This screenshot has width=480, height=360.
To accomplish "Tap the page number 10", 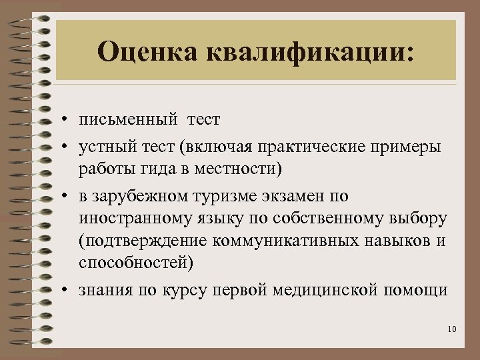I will [453, 329].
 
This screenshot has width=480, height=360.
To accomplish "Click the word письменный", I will [127, 121].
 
